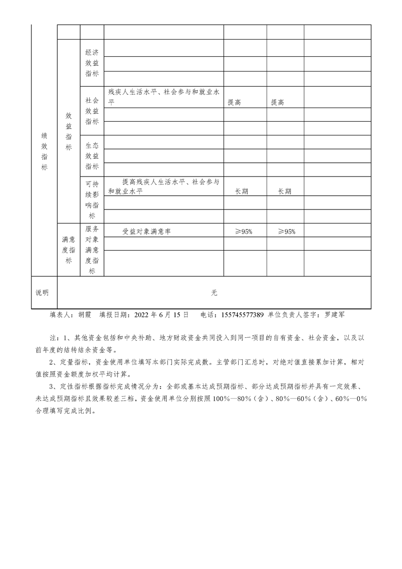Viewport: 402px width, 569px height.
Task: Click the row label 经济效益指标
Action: click(92, 63)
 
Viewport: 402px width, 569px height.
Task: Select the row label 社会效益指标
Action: click(92, 111)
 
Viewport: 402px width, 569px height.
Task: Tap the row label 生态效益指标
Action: click(92, 156)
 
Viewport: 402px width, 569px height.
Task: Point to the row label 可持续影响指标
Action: click(92, 200)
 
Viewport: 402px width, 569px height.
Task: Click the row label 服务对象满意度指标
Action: click(92, 250)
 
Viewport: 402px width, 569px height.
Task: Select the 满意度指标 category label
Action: click(68, 250)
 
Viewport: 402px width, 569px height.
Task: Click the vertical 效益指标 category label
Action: click(68, 131)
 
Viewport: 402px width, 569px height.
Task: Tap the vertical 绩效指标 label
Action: click(44, 151)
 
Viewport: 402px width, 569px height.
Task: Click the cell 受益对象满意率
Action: click(147, 231)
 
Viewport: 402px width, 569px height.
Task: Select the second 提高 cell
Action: click(277, 102)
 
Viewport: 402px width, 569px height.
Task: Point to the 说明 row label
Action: click(43, 293)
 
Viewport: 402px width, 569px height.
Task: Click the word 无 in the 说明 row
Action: click(214, 293)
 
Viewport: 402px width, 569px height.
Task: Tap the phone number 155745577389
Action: click(242, 315)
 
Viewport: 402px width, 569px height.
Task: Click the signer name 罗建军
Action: click(335, 315)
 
